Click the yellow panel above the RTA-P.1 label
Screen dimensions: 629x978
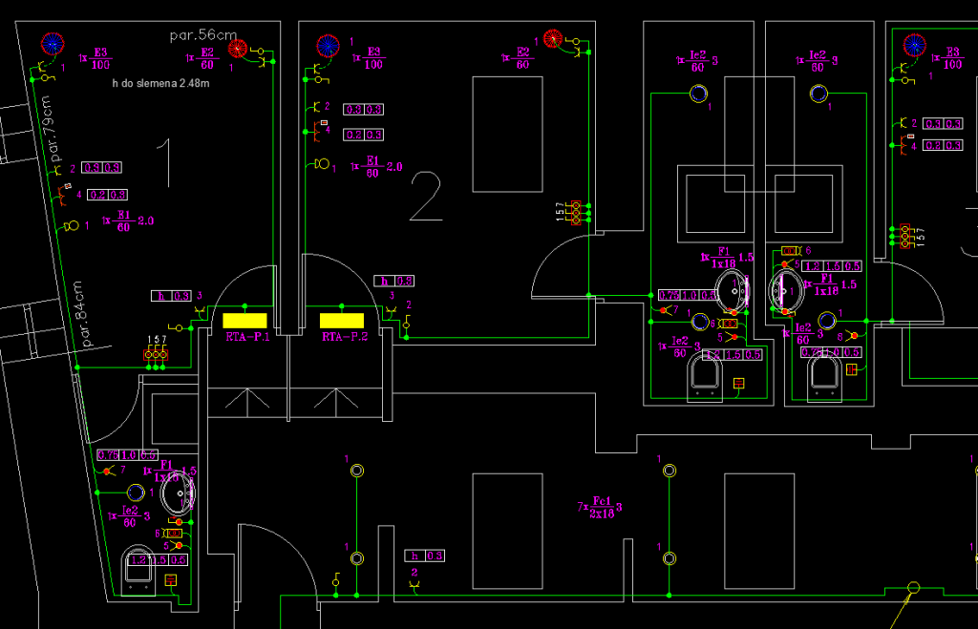click(244, 320)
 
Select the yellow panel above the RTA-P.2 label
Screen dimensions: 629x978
click(343, 320)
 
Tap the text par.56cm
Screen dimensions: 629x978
click(202, 35)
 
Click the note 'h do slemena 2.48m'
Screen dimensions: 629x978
click(160, 85)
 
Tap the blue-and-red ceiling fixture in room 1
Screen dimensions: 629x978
click(52, 43)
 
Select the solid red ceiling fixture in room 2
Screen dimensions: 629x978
click(552, 39)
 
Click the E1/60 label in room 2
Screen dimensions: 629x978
click(372, 166)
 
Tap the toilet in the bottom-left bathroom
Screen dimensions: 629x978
click(140, 569)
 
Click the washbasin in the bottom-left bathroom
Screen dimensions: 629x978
click(178, 493)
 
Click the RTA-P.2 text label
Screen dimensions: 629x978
click(344, 337)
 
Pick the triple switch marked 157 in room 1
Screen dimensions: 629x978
click(157, 354)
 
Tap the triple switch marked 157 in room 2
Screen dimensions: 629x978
click(575, 213)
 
